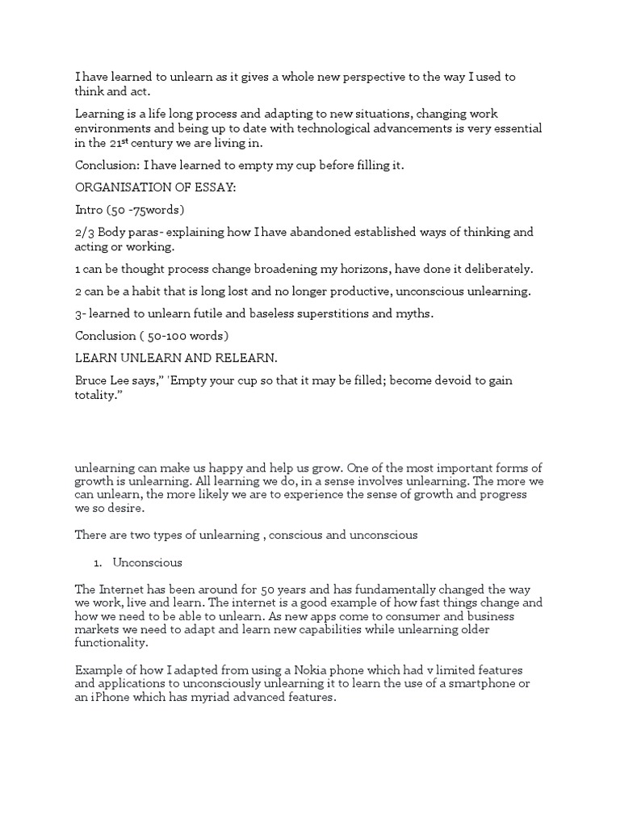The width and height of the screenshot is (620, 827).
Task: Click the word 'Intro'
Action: (x=89, y=210)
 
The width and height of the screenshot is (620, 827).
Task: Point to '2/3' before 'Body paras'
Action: (x=85, y=233)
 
